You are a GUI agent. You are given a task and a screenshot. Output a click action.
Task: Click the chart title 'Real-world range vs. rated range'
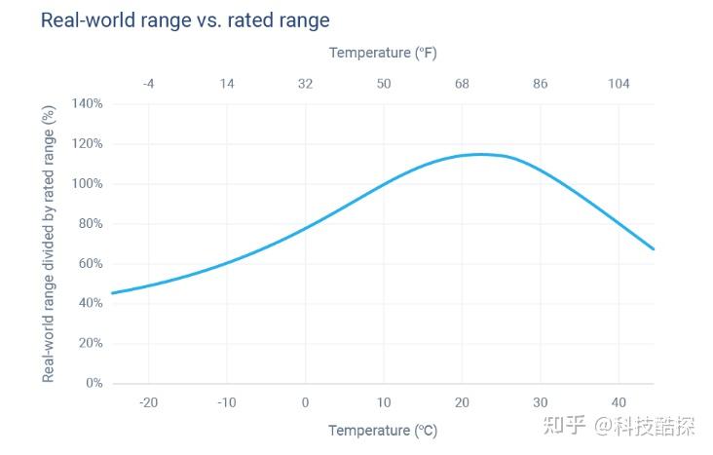pyautogui.click(x=185, y=19)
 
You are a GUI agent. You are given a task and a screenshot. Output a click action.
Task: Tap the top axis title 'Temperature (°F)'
pyautogui.click(x=383, y=53)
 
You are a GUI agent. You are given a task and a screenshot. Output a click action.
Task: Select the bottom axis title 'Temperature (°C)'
pyautogui.click(x=383, y=431)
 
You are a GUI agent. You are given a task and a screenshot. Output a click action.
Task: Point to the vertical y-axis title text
pyautogui.click(x=48, y=244)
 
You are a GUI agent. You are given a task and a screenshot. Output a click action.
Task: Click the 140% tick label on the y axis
pyautogui.click(x=88, y=104)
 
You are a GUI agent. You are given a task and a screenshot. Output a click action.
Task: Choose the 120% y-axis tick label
pyautogui.click(x=88, y=144)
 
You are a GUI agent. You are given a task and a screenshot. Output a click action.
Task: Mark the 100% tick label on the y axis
pyautogui.click(x=88, y=184)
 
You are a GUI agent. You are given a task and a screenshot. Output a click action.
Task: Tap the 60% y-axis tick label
pyautogui.click(x=90, y=264)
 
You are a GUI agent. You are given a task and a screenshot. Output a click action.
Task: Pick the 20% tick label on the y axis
pyautogui.click(x=90, y=344)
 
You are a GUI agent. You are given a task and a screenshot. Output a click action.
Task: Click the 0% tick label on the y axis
pyautogui.click(x=94, y=384)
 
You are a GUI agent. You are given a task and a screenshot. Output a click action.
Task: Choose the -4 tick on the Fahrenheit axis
pyautogui.click(x=148, y=84)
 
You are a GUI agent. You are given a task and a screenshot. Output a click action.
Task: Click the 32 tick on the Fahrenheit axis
pyautogui.click(x=305, y=84)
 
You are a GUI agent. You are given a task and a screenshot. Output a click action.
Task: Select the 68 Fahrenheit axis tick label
pyautogui.click(x=462, y=84)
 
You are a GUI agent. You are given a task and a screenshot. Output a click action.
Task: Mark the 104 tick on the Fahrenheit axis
pyautogui.click(x=619, y=84)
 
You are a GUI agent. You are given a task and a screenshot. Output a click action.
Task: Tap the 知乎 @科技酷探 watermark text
pyautogui.click(x=631, y=426)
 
